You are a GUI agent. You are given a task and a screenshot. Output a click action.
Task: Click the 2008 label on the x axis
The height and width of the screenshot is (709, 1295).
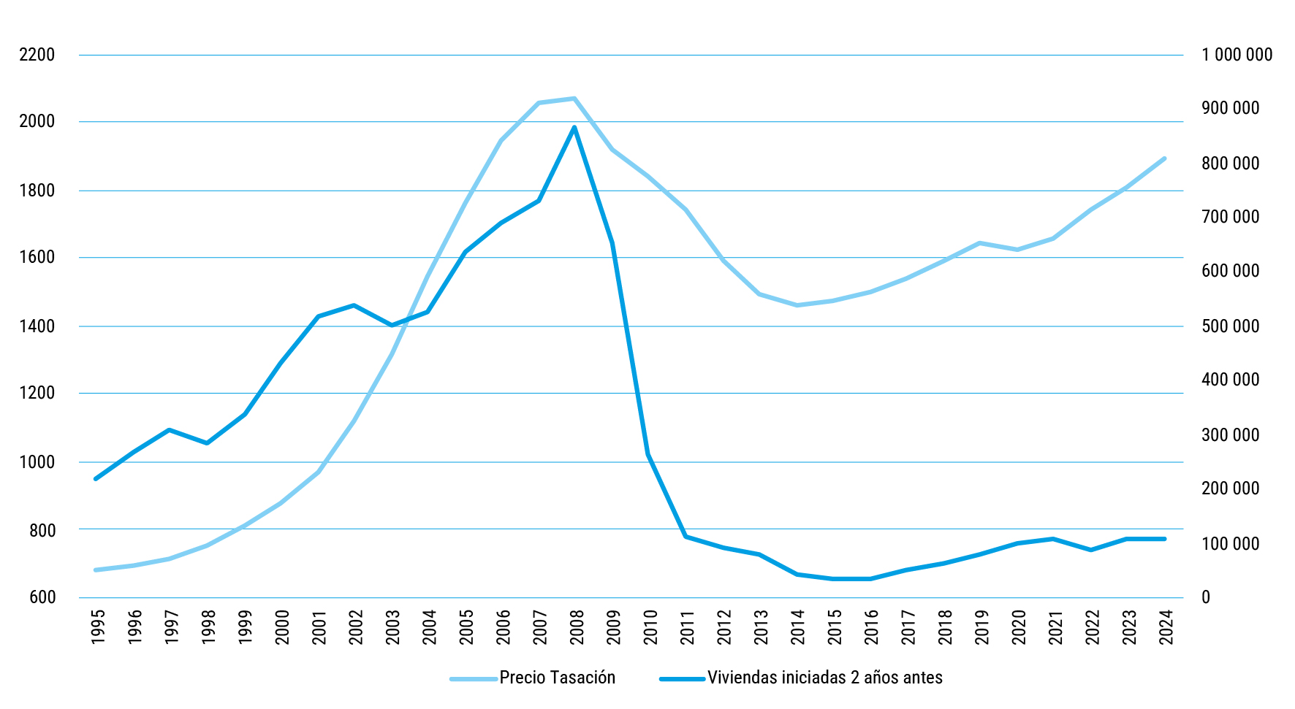point(577,627)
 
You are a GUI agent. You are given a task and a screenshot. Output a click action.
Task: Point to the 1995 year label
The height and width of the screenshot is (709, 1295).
point(98,627)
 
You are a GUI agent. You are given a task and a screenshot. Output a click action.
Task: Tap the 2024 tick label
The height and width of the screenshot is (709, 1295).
point(1166,627)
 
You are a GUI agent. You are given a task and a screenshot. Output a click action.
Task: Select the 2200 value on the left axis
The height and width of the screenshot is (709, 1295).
point(37,55)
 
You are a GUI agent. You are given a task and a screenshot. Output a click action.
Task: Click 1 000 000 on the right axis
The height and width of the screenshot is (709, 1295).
point(1237,55)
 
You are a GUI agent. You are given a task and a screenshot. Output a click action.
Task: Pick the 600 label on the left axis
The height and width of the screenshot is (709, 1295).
point(42,597)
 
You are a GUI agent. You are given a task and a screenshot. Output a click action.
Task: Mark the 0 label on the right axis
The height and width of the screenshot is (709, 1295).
point(1206,597)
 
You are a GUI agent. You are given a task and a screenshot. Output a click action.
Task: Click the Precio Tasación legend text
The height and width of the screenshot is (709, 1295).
point(557,678)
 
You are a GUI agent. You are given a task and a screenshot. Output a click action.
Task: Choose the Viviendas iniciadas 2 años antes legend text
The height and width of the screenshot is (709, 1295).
point(824,678)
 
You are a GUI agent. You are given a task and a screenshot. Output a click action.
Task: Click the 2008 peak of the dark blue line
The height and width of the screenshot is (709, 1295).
point(574,127)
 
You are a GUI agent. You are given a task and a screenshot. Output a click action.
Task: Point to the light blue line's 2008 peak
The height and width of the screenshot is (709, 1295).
point(574,99)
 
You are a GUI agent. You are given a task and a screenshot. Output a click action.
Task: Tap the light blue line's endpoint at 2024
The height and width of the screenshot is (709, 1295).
point(1164,158)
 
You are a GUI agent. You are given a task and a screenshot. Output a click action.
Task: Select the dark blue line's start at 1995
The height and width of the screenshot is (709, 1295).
point(96,479)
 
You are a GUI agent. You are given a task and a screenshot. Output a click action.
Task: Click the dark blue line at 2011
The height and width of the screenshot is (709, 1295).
point(686,537)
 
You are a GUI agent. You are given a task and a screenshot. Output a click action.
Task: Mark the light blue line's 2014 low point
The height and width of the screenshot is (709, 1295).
point(797,305)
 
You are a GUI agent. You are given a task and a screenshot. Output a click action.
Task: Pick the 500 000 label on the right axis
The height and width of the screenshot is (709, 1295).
point(1231,326)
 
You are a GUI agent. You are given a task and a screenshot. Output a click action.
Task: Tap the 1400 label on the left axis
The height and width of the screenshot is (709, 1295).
point(37,326)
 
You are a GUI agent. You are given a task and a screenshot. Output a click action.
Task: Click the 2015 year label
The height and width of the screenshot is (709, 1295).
point(835,627)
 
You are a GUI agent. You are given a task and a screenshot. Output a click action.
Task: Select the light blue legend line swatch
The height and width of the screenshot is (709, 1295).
point(474,679)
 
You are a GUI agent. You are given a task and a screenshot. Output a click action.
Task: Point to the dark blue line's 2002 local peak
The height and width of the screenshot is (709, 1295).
point(354,305)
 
